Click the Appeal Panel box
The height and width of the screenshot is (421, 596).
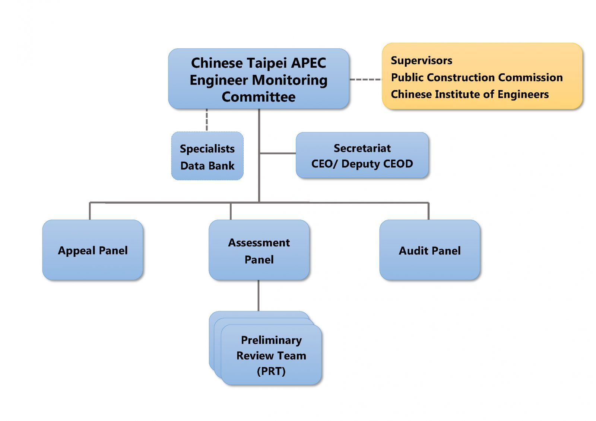[x=93, y=250]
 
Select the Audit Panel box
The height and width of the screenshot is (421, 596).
[x=429, y=250]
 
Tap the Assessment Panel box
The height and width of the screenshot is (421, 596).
[x=259, y=250]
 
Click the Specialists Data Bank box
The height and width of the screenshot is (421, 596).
[x=207, y=156]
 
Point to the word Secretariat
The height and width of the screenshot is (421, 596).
[x=362, y=148]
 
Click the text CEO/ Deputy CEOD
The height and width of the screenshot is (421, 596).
[x=362, y=164]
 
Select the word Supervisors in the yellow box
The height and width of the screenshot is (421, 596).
[x=421, y=60]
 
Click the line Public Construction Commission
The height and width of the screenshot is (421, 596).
[x=476, y=77]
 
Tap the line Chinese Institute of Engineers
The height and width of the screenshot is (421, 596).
[x=469, y=94]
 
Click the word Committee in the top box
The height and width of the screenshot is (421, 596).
[x=259, y=97]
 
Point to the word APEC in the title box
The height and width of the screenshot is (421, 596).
[x=308, y=63]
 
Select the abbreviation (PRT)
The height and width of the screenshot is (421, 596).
[x=271, y=371]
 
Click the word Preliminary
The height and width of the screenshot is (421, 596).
[x=271, y=340]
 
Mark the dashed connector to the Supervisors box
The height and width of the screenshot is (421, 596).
[x=365, y=79]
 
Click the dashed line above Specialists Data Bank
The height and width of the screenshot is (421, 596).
[x=207, y=120]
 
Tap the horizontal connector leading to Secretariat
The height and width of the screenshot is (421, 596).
[x=278, y=153]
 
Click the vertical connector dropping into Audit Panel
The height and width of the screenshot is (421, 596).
[x=428, y=211]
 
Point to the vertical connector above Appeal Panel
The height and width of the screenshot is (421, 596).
[x=90, y=211]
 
